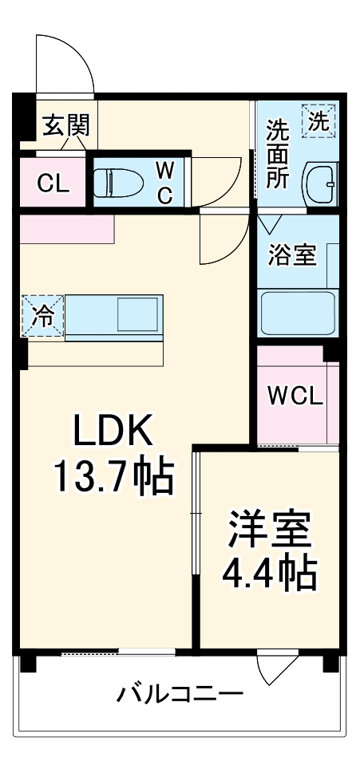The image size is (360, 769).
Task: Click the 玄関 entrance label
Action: (65, 125)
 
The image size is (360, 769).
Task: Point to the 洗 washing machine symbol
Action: (318, 122)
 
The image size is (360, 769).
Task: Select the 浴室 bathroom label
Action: (292, 255)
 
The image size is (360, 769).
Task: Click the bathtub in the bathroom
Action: (298, 314)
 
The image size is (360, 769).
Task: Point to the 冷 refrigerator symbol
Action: (42, 316)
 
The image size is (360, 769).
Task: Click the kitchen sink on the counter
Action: (137, 313)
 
